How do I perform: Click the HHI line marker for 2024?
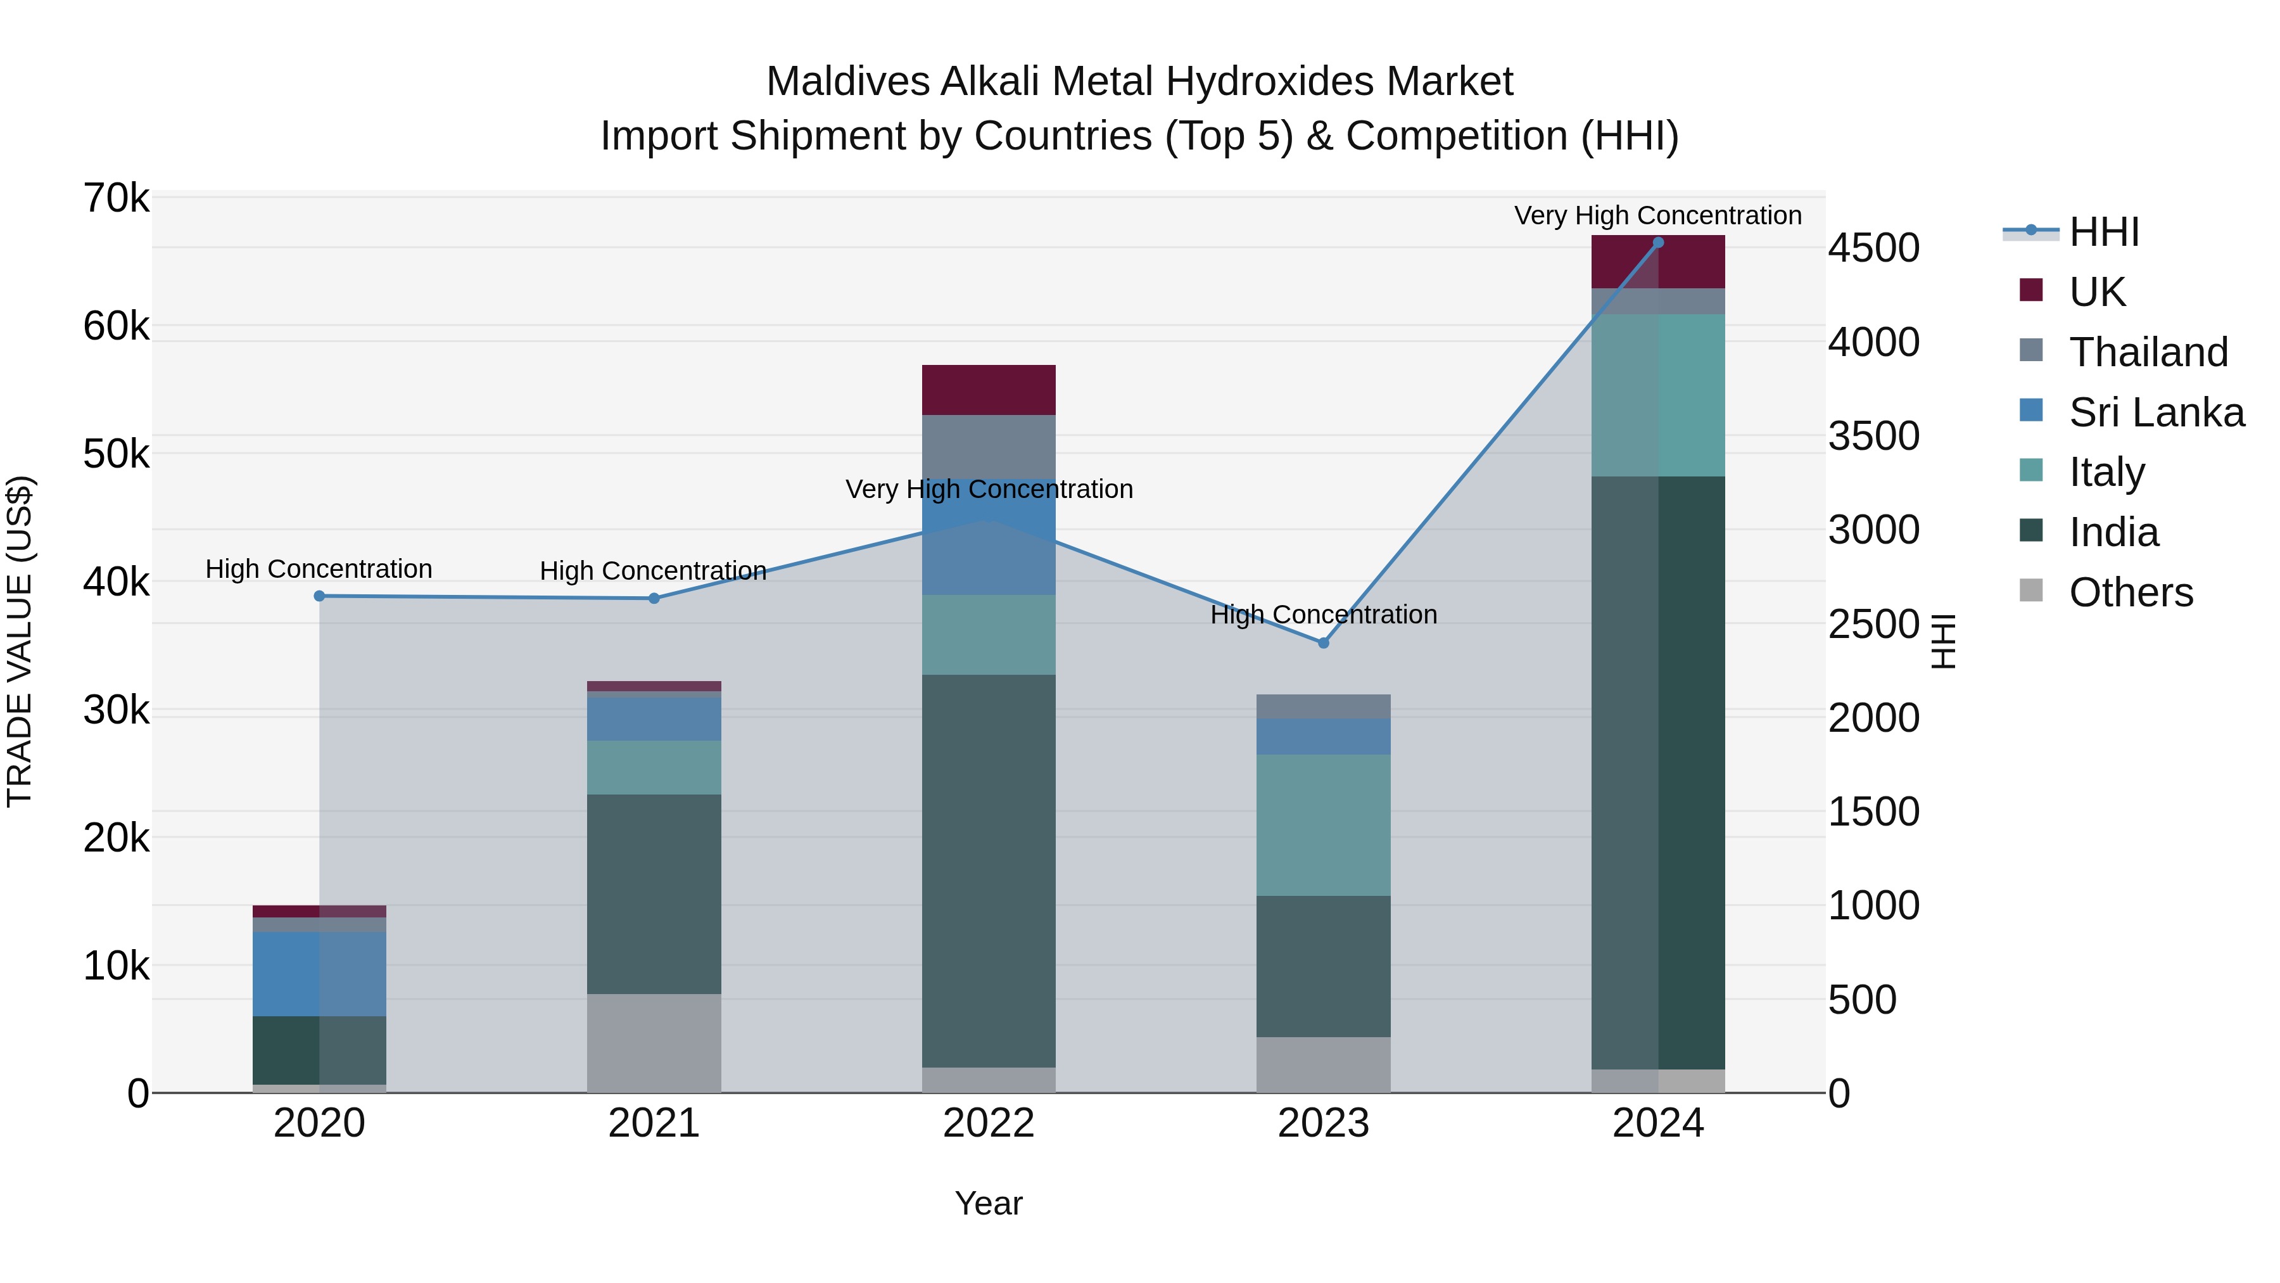[1658, 243]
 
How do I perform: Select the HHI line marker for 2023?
[1323, 643]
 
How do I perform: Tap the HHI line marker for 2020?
[320, 596]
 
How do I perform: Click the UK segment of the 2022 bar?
[989, 390]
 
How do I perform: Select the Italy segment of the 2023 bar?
[1323, 824]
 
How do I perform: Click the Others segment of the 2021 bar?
[654, 1042]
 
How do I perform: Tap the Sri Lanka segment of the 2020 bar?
[320, 973]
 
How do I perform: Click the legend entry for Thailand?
[2147, 352]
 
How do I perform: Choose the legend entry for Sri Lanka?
[2156, 412]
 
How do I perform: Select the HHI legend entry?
[2103, 232]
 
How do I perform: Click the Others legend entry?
[2129, 592]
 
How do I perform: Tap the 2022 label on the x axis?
[989, 1123]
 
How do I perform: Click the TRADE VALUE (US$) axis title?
[20, 641]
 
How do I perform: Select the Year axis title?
[989, 1203]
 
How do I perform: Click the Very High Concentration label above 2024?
[1658, 215]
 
